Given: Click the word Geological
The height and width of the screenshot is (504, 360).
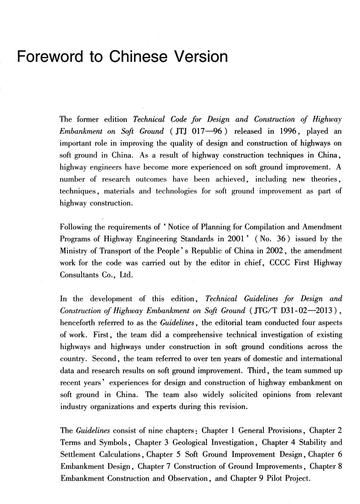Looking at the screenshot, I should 188,443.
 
